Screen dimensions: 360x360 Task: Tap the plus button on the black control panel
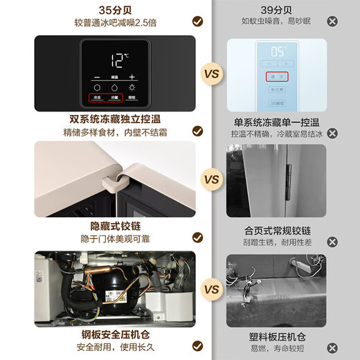pos(132,77)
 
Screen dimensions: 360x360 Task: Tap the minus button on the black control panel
pos(96,77)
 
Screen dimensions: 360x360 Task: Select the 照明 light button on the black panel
pos(132,98)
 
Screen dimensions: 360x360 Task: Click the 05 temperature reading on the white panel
pos(279,51)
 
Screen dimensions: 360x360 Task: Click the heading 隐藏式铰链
pos(114,226)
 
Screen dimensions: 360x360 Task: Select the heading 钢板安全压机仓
pos(114,336)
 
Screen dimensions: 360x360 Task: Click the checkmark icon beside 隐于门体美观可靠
pos(197,240)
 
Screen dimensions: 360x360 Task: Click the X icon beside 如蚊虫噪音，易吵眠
pos(332,21)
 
